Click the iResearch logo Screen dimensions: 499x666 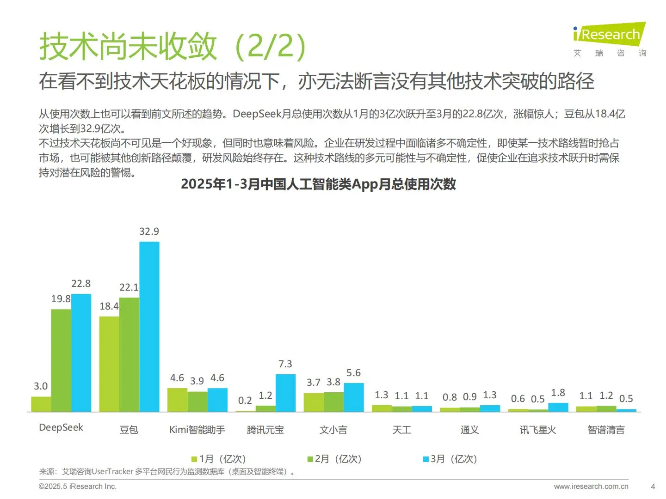(609, 35)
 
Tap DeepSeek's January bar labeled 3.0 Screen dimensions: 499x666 (41, 404)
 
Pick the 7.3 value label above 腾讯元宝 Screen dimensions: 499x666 (285, 364)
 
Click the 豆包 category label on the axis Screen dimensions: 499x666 (129, 430)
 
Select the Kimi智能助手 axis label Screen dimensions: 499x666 (197, 430)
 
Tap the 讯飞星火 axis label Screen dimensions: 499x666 (537, 430)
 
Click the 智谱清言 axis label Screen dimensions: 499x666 (606, 430)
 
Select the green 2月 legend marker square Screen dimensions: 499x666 (310, 459)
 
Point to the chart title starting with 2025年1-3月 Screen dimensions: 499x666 (318, 184)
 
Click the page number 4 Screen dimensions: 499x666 (653, 486)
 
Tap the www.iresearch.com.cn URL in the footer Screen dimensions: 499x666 (591, 486)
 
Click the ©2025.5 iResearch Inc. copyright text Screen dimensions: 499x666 (78, 486)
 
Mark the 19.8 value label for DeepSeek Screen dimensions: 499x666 (61, 299)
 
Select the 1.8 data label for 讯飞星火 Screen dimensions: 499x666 (558, 393)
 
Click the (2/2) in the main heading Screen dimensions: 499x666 (271, 46)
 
